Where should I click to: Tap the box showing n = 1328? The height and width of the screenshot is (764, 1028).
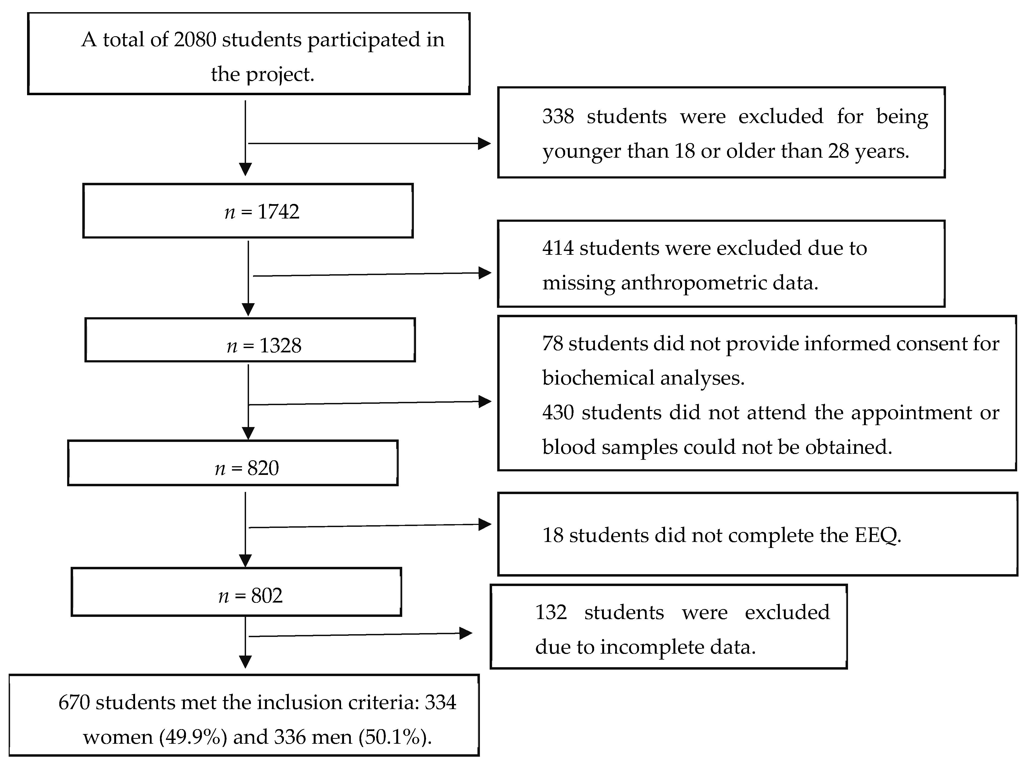[250, 340]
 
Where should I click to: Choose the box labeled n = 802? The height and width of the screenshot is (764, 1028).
[236, 592]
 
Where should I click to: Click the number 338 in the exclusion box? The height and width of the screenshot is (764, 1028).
[558, 116]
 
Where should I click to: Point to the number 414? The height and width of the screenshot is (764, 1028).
[558, 248]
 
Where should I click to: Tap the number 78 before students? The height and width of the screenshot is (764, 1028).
[552, 344]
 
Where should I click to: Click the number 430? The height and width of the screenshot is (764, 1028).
[558, 412]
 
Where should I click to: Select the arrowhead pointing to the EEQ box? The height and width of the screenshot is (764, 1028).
[484, 524]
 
